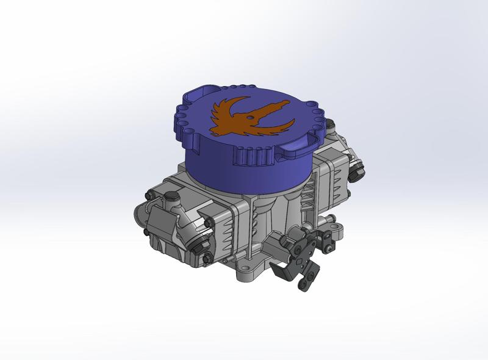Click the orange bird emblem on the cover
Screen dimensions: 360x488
pos(244,116)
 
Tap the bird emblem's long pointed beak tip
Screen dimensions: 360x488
pos(287,97)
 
